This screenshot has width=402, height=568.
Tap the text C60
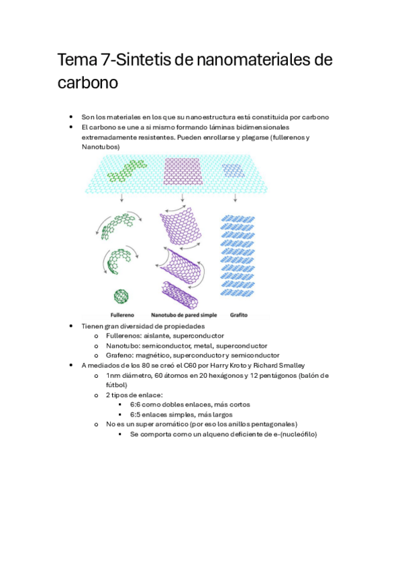pos(173,365)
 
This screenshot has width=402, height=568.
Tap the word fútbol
pos(117,385)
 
